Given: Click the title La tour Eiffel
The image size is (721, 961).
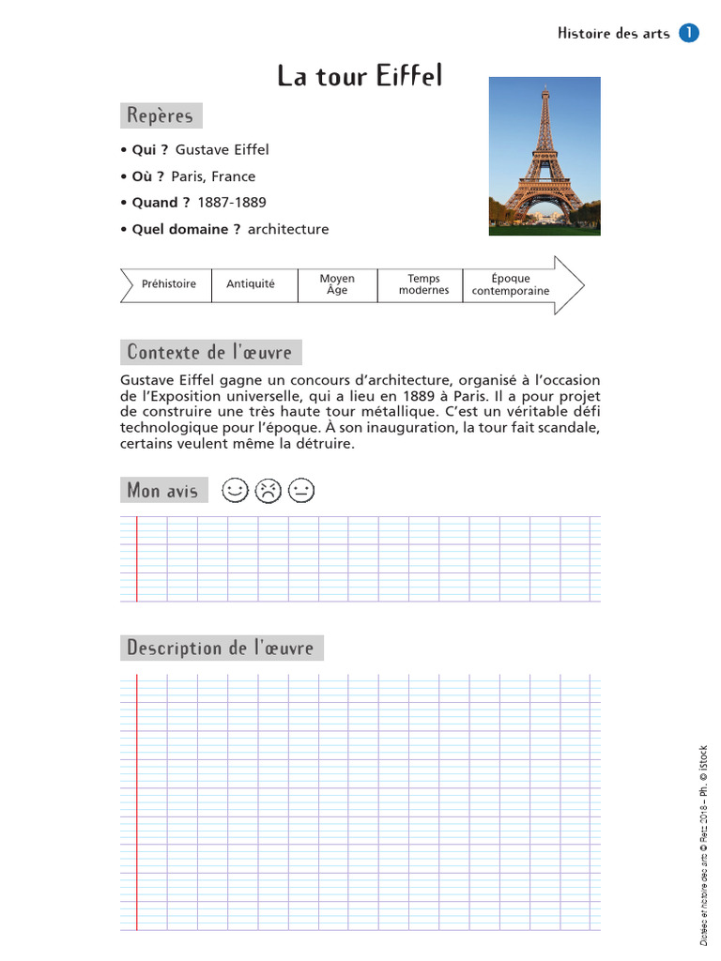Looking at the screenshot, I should (x=360, y=76).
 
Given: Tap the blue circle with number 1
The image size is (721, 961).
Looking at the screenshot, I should (x=688, y=33).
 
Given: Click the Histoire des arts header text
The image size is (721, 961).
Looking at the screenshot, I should (x=613, y=34).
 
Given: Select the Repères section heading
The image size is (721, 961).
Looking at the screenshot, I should (x=161, y=116).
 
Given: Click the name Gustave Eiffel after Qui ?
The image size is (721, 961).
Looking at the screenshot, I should (x=222, y=150).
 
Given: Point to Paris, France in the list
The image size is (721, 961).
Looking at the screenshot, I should (x=213, y=176).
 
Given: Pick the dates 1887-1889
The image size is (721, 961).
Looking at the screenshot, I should (x=232, y=203).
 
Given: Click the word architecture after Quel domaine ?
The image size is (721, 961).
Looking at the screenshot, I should (x=288, y=229).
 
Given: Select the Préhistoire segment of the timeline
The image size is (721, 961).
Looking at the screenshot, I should (x=169, y=284).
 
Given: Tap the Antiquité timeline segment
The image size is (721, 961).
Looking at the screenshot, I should (x=251, y=284).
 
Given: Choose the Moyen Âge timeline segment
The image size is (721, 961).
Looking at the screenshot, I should (x=337, y=284).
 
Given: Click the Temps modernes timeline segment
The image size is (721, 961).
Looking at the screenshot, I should (x=423, y=284).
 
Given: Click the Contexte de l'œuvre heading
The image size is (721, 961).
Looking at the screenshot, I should (x=210, y=353).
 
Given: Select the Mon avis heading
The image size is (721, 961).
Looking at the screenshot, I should (x=163, y=490).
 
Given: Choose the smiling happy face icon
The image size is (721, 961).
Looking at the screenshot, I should (x=235, y=490).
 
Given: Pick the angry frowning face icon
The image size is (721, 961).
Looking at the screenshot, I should (x=268, y=491).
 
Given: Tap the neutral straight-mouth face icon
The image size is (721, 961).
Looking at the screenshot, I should (x=301, y=491).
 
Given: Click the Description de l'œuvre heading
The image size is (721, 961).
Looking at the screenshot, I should (x=221, y=648).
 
